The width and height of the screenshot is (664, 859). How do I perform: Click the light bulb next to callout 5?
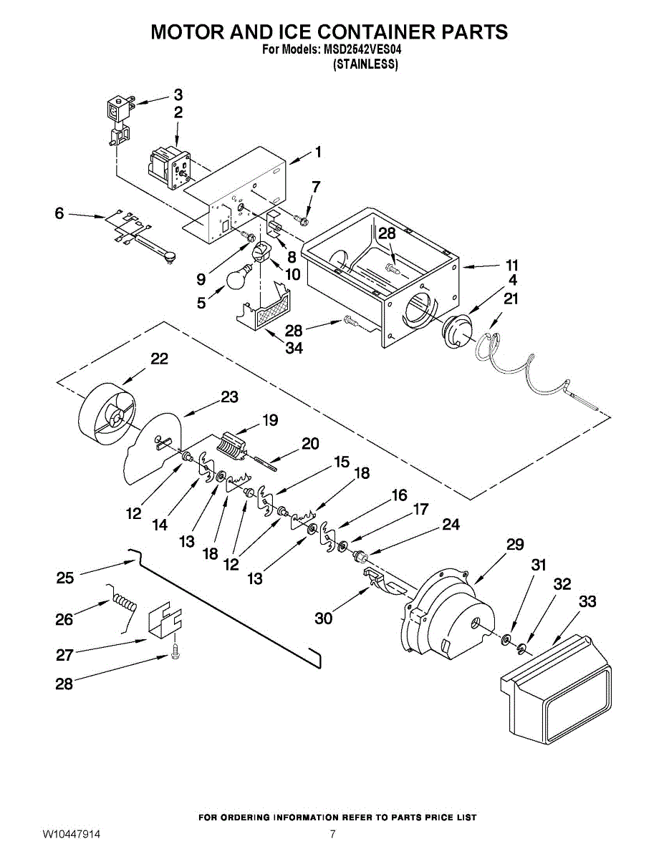pyautogui.click(x=239, y=277)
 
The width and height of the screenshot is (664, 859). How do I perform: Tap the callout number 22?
pyautogui.click(x=160, y=359)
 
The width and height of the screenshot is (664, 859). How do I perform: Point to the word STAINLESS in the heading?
pyautogui.click(x=365, y=64)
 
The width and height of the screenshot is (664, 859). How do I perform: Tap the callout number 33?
pyautogui.click(x=587, y=601)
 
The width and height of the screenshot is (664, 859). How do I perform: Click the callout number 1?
pyautogui.click(x=318, y=152)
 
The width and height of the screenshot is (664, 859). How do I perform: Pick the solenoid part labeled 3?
pyautogui.click(x=120, y=122)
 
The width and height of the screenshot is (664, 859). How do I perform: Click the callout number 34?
pyautogui.click(x=294, y=348)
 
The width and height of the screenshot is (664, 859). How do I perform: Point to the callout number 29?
pyautogui.click(x=514, y=544)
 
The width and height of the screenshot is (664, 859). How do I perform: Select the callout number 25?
pyautogui.click(x=65, y=578)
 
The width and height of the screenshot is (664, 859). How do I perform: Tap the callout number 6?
pyautogui.click(x=59, y=213)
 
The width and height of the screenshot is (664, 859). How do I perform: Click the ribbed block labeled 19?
pyautogui.click(x=232, y=446)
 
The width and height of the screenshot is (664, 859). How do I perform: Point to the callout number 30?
pyautogui.click(x=323, y=618)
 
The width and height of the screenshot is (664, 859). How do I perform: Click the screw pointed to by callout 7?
pyautogui.click(x=302, y=219)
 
